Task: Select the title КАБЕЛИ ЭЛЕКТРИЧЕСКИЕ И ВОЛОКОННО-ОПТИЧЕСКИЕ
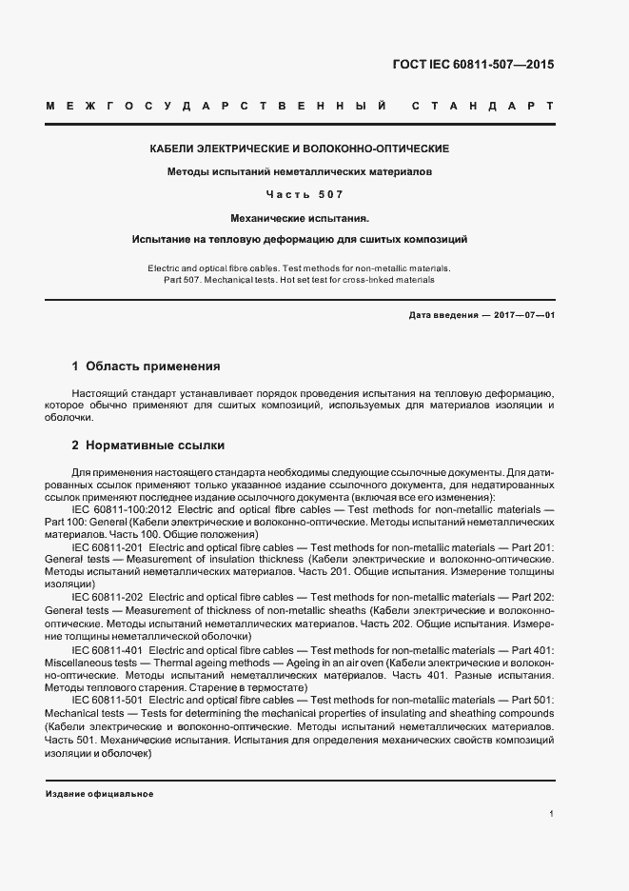pos(300,149)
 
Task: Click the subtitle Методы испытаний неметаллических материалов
pos(300,172)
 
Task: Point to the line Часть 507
pos(300,194)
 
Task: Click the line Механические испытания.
pos(300,217)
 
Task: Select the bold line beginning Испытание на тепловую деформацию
pos(300,239)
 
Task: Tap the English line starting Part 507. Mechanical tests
pos(300,280)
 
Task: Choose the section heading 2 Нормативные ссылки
pos(148,445)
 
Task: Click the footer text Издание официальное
pos(99,794)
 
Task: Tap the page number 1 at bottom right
pos(551,814)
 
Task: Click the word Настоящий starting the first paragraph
pos(99,393)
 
